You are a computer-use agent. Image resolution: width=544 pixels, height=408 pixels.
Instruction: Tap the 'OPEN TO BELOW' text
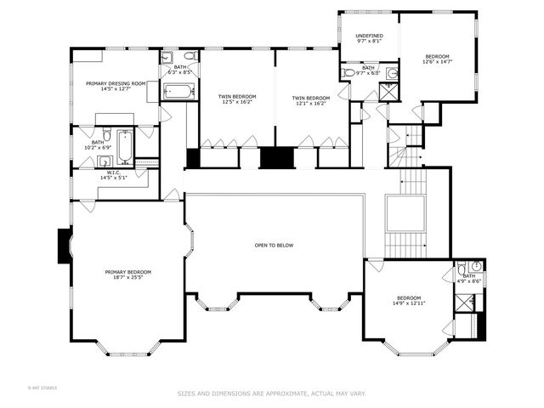pyautogui.click(x=274, y=245)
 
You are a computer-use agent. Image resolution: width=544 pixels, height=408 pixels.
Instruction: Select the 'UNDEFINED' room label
pyautogui.click(x=368, y=36)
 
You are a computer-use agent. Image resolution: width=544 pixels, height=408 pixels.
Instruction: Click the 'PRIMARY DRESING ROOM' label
pyautogui.click(x=116, y=83)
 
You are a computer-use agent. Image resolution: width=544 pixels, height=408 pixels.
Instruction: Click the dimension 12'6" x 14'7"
pyautogui.click(x=439, y=62)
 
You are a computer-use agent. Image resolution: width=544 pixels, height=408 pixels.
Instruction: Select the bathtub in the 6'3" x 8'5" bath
pyautogui.click(x=178, y=89)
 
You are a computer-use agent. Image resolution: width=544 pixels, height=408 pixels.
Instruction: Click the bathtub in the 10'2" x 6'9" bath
pyautogui.click(x=124, y=146)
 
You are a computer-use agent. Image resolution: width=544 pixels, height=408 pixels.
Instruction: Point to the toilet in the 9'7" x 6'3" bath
pyautogui.click(x=349, y=74)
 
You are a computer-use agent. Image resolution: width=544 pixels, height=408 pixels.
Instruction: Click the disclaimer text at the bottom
pyautogui.click(x=271, y=394)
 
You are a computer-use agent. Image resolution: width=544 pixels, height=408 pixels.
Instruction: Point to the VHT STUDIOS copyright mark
pyautogui.click(x=41, y=387)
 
